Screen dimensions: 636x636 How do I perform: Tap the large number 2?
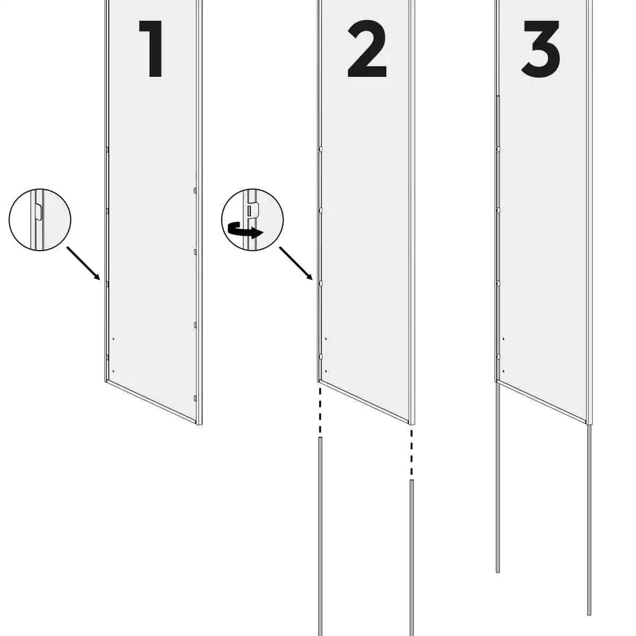[x=367, y=49]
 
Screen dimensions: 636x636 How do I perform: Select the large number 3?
[x=541, y=49]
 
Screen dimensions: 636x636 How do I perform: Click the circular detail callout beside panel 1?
[x=40, y=220]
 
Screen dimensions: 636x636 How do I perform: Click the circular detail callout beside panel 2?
[x=252, y=220]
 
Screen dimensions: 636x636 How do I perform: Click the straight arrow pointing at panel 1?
[x=83, y=263]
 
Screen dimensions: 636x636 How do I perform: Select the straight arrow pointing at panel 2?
[x=296, y=263]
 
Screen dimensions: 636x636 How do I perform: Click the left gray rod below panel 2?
[x=320, y=536]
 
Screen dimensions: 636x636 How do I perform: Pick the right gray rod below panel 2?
[x=412, y=558]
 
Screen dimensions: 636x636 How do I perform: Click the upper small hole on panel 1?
[x=113, y=339]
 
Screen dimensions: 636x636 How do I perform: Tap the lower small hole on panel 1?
[x=113, y=372]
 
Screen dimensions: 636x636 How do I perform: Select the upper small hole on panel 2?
[x=326, y=339]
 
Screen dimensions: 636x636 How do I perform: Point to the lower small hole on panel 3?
[x=503, y=372]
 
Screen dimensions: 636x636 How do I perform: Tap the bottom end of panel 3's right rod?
[x=589, y=615]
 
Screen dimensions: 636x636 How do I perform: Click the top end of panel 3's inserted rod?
[x=498, y=96]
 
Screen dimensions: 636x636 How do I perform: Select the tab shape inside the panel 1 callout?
[x=38, y=211]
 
